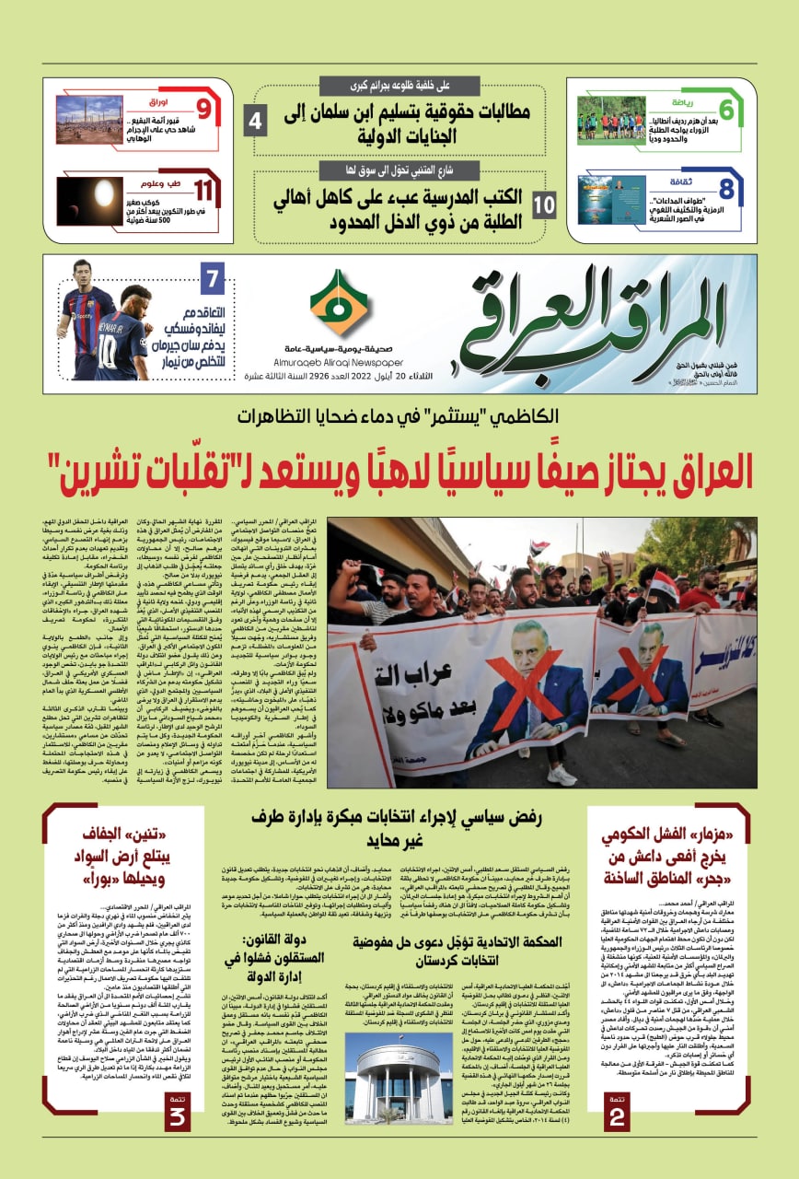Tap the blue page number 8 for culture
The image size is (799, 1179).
[x=726, y=191]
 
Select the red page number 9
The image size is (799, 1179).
[x=203, y=111]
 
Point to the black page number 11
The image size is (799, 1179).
[x=203, y=192]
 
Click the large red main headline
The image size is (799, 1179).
[x=400, y=472]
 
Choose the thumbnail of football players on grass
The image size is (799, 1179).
[x=611, y=120]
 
